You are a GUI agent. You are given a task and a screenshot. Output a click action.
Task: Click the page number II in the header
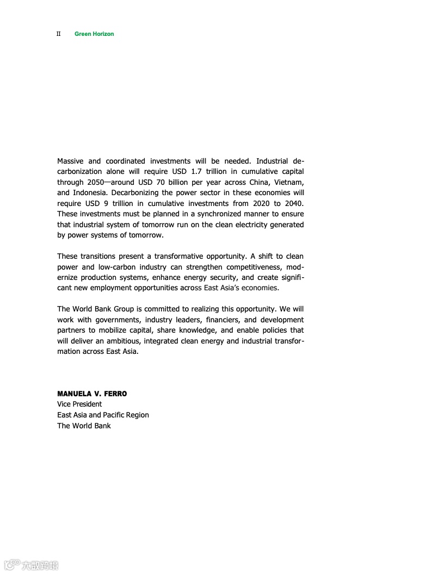(58, 34)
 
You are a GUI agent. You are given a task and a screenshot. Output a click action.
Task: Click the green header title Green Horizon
(94, 34)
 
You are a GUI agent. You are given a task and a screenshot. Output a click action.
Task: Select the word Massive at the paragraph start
(71, 161)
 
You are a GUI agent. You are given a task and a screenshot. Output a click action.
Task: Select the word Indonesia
(88, 193)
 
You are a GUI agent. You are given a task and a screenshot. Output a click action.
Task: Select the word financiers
(223, 320)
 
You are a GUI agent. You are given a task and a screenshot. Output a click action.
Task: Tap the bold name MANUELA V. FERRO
(92, 394)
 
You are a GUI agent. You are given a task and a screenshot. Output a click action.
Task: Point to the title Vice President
(79, 404)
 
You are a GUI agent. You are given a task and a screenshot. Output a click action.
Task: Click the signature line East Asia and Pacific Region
(103, 415)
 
